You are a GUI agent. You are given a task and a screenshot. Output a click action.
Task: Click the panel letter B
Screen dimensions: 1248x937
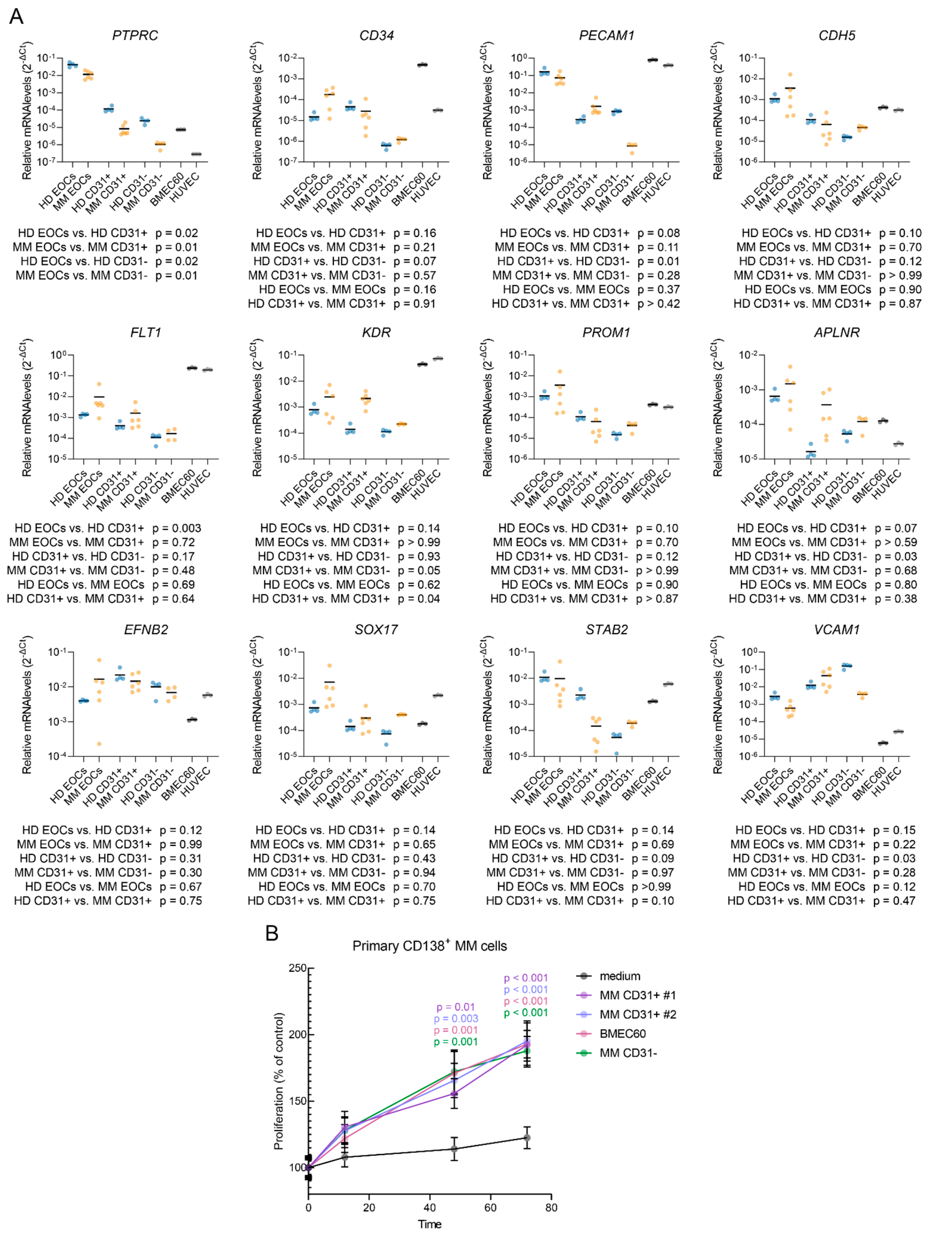point(272,934)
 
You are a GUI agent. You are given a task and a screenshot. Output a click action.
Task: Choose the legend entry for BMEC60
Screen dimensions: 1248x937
point(622,1034)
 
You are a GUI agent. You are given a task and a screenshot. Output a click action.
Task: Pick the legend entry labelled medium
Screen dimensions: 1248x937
point(619,976)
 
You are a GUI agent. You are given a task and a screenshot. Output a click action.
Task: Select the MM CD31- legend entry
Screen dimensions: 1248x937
point(628,1053)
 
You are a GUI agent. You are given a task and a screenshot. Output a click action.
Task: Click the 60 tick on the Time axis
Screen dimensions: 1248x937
point(490,1207)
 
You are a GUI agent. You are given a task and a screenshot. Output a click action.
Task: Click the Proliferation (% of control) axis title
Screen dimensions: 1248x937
point(279,1081)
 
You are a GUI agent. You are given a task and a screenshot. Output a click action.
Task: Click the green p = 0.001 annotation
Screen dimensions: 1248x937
point(456,1041)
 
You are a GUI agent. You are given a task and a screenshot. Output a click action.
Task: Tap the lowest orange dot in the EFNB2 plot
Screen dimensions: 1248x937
point(99,744)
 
